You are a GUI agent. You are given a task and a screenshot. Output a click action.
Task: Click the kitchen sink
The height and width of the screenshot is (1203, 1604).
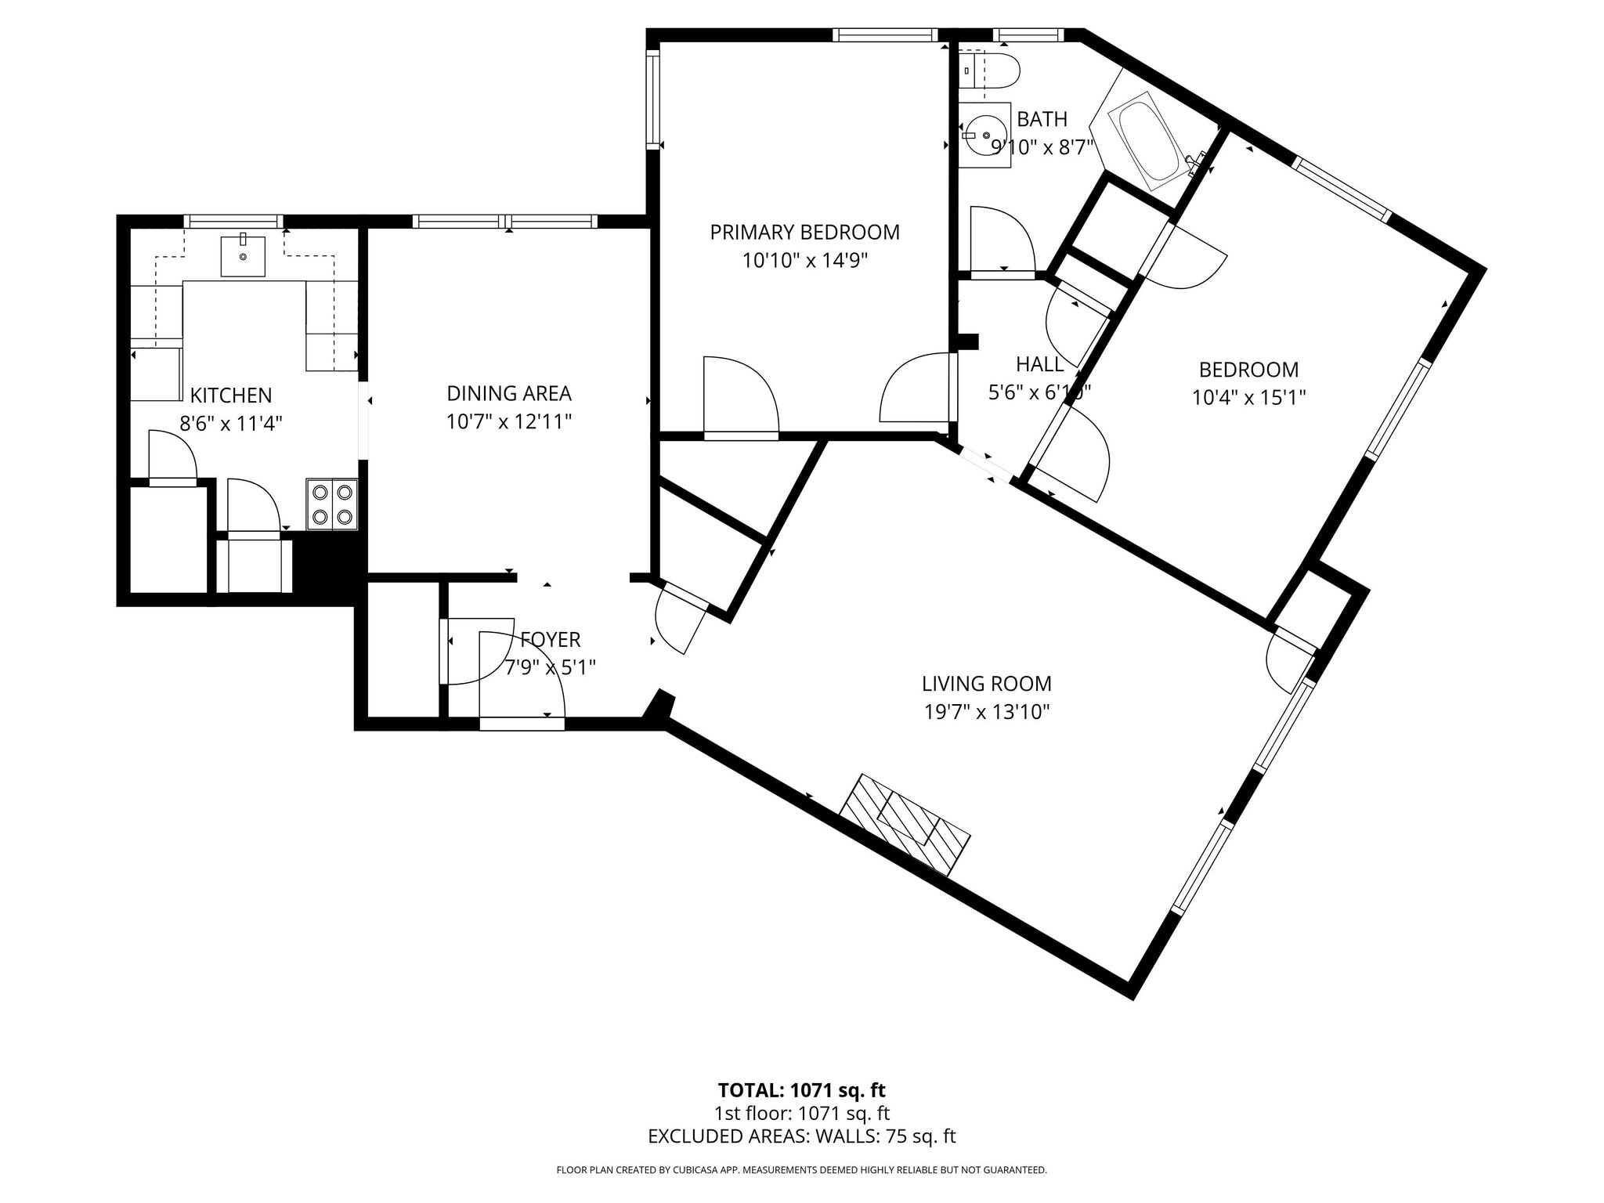coord(243,255)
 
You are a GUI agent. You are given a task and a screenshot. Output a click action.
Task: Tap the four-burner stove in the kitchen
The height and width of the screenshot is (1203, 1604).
coord(332,505)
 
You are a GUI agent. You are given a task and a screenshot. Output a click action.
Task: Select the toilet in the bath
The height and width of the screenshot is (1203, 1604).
coord(994,71)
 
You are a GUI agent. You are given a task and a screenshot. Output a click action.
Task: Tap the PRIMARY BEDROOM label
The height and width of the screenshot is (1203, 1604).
coord(804,233)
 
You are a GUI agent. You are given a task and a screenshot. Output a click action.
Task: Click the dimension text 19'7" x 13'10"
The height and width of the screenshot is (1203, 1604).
coord(986,712)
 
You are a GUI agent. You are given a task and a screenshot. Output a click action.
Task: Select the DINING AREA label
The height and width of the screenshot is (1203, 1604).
coord(509,393)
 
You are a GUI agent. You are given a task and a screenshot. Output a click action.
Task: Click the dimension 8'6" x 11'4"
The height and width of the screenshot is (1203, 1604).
coord(231,424)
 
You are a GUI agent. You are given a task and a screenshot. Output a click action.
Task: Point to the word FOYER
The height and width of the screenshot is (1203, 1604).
coord(551,640)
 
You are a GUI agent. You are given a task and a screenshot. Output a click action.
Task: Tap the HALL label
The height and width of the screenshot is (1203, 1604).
coord(1039,364)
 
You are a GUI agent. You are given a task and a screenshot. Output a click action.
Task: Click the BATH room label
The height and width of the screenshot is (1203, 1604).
coord(1042,119)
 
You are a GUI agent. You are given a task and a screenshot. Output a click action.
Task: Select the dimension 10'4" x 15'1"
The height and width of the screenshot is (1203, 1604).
coord(1248,398)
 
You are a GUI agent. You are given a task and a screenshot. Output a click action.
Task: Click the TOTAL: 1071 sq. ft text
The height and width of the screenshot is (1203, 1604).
coord(801,1090)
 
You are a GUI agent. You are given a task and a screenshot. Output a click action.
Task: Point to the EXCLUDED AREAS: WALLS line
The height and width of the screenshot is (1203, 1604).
coord(801,1136)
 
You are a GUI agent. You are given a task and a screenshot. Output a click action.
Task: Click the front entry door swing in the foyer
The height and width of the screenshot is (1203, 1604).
coord(521,674)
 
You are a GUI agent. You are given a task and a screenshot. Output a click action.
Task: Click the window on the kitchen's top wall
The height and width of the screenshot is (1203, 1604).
coord(233,221)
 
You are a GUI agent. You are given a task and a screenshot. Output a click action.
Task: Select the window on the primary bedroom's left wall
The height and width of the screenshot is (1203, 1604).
coord(652,99)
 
